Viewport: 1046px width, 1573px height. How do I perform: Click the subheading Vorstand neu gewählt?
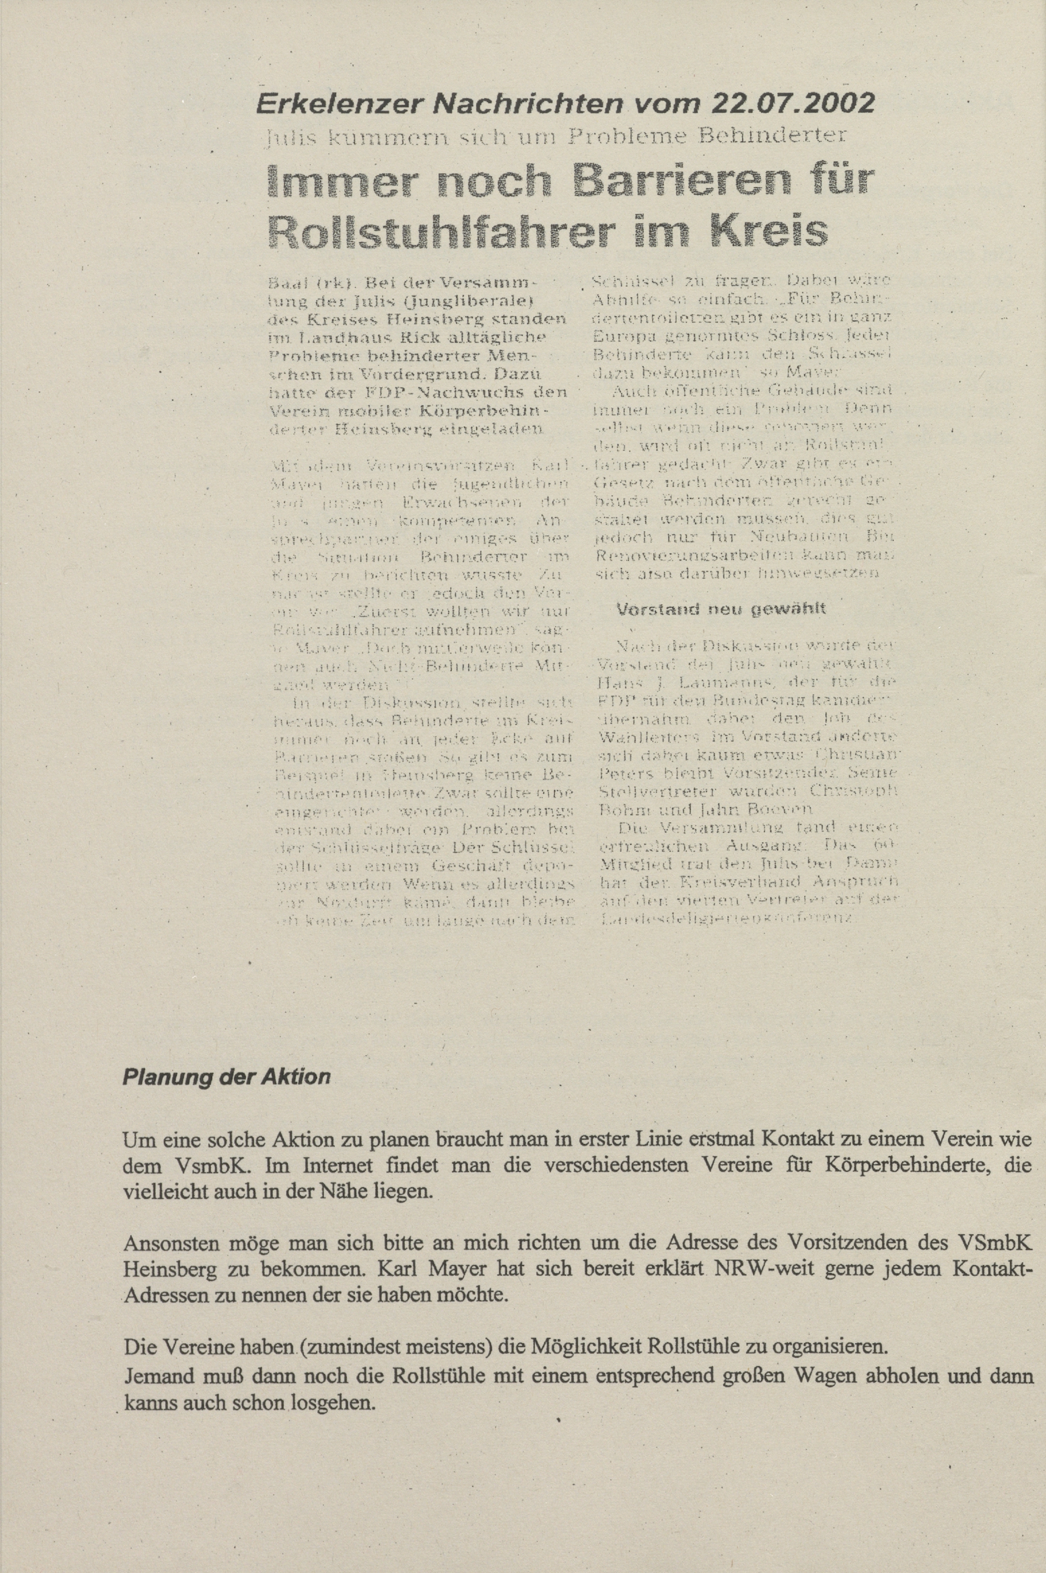click(722, 608)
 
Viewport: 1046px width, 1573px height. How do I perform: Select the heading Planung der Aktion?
click(227, 1077)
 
